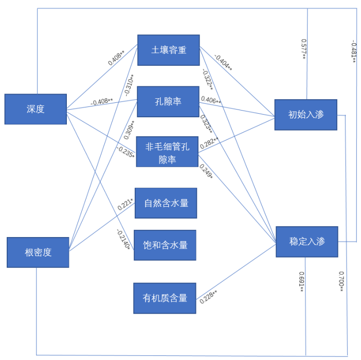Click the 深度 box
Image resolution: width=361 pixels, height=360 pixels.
[35, 109]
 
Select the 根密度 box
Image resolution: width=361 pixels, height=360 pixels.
[38, 253]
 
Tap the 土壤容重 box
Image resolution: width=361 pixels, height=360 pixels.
[168, 50]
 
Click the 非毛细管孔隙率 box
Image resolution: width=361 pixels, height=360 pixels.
[167, 152]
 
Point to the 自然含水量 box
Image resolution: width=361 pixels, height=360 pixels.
[166, 203]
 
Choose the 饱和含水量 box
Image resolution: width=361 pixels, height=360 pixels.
[165, 245]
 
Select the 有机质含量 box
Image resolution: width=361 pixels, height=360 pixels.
[165, 298]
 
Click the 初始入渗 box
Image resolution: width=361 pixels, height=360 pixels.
[305, 115]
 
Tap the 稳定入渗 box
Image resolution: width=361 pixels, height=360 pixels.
[306, 242]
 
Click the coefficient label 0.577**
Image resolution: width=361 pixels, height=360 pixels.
[304, 49]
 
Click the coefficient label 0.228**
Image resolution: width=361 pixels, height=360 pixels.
[208, 297]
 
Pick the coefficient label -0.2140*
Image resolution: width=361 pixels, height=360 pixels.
[123, 239]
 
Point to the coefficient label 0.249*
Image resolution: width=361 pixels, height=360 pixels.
[206, 171]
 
